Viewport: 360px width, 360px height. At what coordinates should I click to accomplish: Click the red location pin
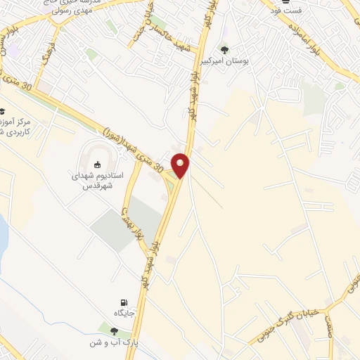click(181, 165)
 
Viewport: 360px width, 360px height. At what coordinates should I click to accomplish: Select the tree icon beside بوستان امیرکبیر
click(224, 50)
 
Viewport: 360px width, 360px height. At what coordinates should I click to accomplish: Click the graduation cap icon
click(2, 112)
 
